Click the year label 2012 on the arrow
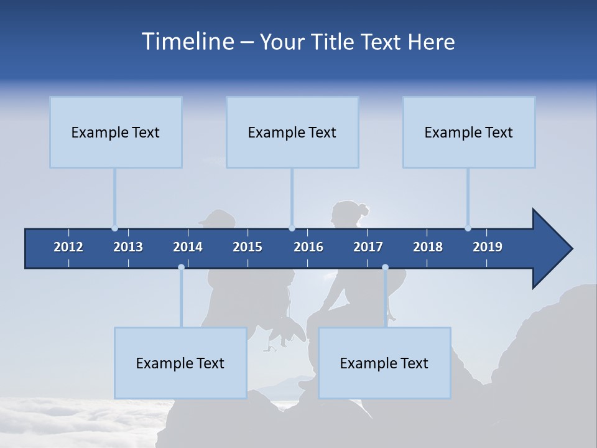point(68,247)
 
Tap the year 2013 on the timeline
point(128,247)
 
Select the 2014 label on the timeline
point(188,247)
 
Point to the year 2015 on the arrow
point(248,247)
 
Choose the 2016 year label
point(308,247)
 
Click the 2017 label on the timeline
point(368,247)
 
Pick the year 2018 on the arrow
point(428,247)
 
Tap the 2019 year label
point(488,247)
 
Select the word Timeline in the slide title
point(187,42)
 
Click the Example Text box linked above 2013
point(116,132)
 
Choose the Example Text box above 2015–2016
point(292,132)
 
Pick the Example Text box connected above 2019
point(469,132)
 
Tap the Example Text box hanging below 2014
point(180,363)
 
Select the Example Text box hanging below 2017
point(384,363)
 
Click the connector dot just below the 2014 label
point(181,268)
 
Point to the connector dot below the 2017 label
point(385,268)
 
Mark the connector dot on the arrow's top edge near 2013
point(114,228)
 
